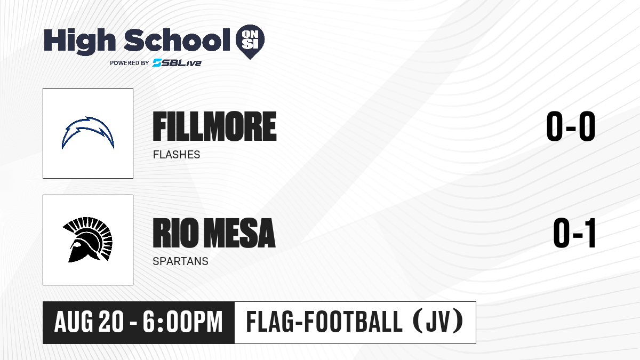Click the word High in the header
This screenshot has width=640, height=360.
coord(79,41)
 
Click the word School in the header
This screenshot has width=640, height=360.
coord(177,39)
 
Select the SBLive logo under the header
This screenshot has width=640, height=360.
coord(177,63)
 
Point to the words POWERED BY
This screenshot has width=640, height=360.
coord(130,63)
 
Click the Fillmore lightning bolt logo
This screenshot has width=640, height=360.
coord(88,132)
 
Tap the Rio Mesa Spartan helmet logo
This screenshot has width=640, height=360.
coord(87,239)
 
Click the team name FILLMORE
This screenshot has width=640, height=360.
coord(214,126)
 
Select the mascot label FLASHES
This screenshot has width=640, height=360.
coord(177,155)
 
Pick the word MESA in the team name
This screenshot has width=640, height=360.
coord(239,233)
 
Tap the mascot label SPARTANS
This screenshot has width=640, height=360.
coord(180,261)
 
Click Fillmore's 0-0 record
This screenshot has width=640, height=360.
coord(571,126)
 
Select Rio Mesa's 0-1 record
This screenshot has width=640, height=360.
coord(574,233)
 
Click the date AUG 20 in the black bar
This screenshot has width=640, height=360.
coord(89,322)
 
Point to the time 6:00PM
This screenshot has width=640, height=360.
coord(182,322)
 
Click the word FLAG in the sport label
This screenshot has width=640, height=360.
coord(270,322)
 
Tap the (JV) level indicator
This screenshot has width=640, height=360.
coord(438,322)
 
